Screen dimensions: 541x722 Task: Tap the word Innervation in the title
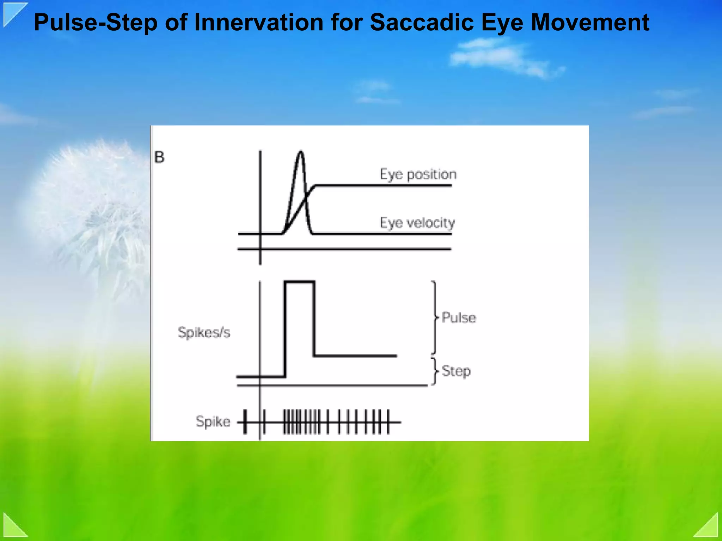click(x=259, y=22)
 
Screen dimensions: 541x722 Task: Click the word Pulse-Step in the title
click(x=96, y=23)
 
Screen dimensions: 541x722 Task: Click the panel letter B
click(x=159, y=157)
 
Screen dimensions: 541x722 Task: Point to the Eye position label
click(x=418, y=174)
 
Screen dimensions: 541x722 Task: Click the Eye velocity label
click(x=417, y=223)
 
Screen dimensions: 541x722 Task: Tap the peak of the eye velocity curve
click(x=300, y=152)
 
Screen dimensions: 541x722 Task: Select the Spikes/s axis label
click(x=204, y=332)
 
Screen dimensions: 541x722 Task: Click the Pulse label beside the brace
click(x=459, y=318)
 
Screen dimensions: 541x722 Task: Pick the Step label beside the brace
click(x=456, y=371)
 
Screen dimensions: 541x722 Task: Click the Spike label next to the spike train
click(x=213, y=421)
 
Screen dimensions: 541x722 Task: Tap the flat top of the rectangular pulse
click(x=299, y=282)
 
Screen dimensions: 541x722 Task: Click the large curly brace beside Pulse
click(x=435, y=317)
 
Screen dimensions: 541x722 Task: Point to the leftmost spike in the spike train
click(x=245, y=421)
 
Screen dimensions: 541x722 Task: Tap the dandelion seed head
click(x=92, y=205)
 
